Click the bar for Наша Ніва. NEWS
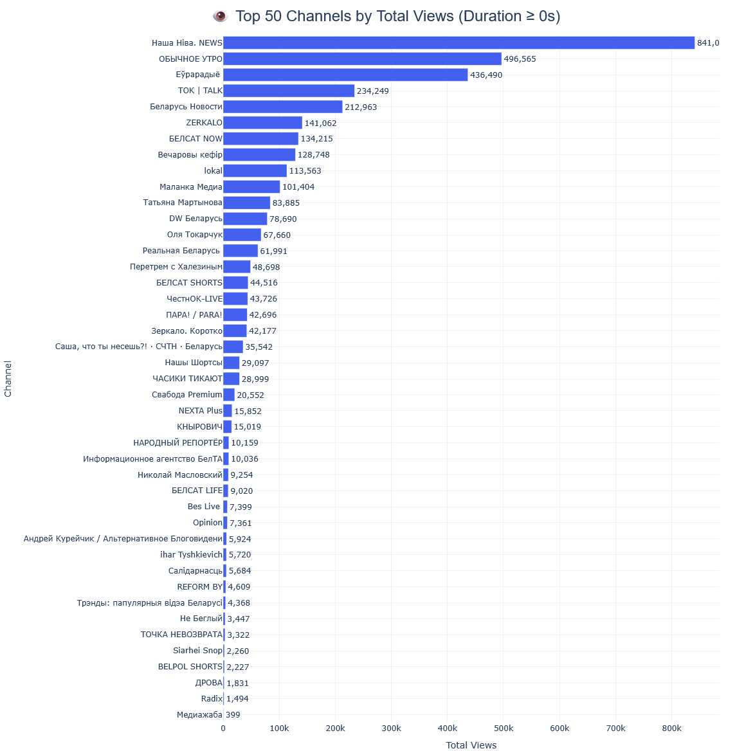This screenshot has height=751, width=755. pyautogui.click(x=459, y=43)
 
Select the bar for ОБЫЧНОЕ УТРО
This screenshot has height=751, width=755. pyautogui.click(x=362, y=59)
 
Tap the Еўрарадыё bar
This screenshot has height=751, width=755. pyautogui.click(x=345, y=75)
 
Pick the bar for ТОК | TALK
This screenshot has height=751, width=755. pyautogui.click(x=289, y=91)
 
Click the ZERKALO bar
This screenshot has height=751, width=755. pyautogui.click(x=262, y=123)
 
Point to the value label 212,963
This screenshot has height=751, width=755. pyautogui.click(x=361, y=107)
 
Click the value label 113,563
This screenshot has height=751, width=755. pyautogui.click(x=305, y=171)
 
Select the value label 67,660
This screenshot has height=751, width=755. pyautogui.click(x=277, y=235)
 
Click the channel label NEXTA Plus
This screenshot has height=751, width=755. pyautogui.click(x=200, y=411)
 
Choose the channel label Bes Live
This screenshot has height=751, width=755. pyautogui.click(x=204, y=507)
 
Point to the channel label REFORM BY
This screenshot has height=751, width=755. pyautogui.click(x=199, y=587)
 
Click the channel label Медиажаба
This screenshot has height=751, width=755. pyautogui.click(x=199, y=715)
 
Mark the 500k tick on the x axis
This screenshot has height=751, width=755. pyautogui.click(x=504, y=728)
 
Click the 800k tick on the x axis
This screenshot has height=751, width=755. pyautogui.click(x=671, y=728)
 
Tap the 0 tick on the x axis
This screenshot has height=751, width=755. pyautogui.click(x=223, y=728)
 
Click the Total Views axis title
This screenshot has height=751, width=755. pyautogui.click(x=471, y=745)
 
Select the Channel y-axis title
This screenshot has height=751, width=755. pyautogui.click(x=8, y=379)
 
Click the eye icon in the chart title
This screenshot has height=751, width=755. pyautogui.click(x=220, y=17)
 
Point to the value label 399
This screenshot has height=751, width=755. pyautogui.click(x=233, y=715)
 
